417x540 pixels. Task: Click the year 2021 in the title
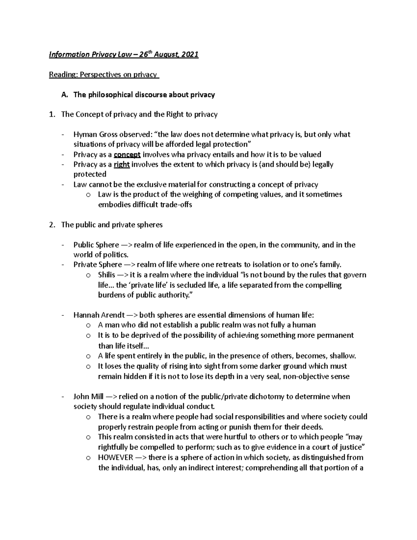point(189,55)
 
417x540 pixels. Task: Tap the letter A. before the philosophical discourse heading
point(64,95)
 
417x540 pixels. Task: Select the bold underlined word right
point(122,164)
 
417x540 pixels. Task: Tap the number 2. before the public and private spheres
point(52,225)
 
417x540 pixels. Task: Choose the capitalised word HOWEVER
point(115,457)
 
